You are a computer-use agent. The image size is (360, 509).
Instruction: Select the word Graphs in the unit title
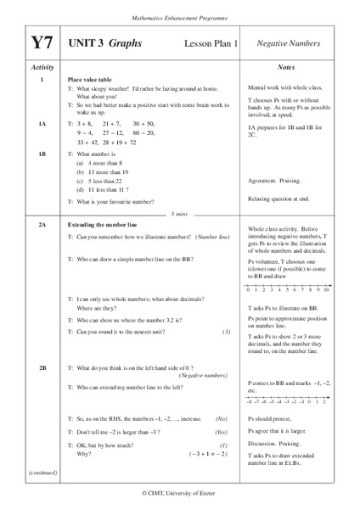coord(125,41)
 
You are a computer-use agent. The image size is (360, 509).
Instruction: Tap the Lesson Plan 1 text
coord(206,42)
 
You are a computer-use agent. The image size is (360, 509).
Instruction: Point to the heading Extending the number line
coord(105,225)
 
